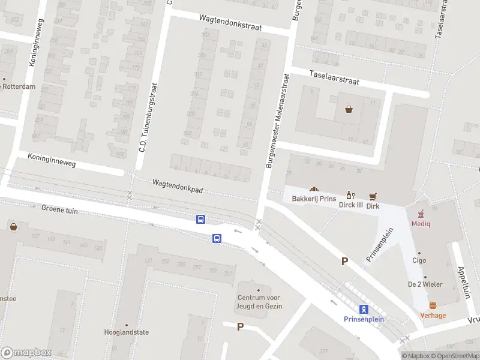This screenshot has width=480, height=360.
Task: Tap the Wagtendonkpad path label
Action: [178, 185]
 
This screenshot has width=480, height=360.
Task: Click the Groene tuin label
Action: [60, 211]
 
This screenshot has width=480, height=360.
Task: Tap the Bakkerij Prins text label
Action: [314, 199]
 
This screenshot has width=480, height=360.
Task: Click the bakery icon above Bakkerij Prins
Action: [313, 190]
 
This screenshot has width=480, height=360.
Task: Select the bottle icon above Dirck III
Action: [349, 195]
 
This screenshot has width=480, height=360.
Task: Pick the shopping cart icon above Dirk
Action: [373, 196]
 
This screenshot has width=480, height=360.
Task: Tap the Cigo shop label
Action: [419, 261]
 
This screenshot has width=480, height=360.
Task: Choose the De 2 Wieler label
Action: [421, 283]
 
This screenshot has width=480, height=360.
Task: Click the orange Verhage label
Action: [433, 316]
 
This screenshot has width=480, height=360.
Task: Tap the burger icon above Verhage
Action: [433, 305]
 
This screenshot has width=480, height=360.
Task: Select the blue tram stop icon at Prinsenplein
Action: [364, 310]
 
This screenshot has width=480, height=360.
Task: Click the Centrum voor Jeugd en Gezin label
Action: [259, 302]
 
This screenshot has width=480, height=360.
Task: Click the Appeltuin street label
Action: [462, 283]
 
